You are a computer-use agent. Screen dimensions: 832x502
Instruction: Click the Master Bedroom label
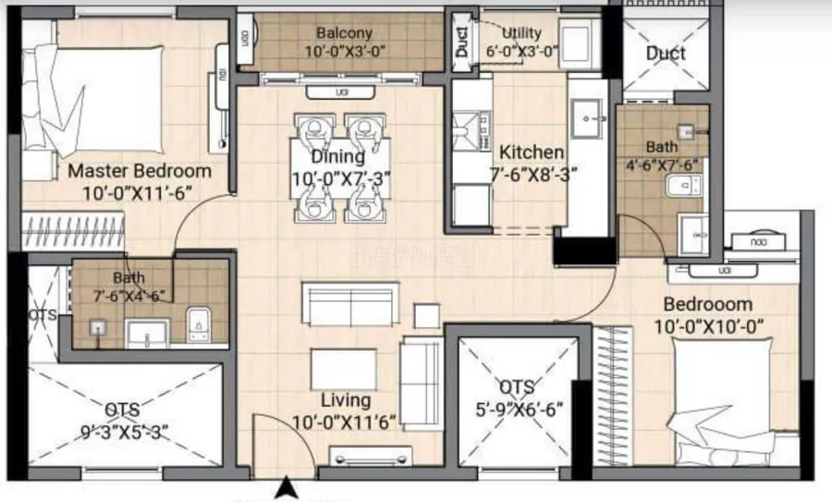tap(140, 171)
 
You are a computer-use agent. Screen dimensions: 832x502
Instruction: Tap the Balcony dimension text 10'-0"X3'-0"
tap(345, 51)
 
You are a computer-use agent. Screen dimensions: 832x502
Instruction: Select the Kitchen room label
tap(532, 153)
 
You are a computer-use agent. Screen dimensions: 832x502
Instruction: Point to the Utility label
tap(521, 33)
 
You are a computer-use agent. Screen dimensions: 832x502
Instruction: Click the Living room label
tap(346, 400)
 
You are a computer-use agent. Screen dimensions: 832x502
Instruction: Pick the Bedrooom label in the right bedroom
tap(708, 304)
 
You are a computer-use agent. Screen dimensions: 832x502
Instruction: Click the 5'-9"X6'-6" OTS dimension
tap(519, 410)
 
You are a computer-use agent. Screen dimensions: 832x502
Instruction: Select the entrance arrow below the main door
tap(286, 488)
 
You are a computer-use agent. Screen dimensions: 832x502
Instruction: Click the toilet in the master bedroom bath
tap(199, 324)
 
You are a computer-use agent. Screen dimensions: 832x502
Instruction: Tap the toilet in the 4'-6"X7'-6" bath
tap(683, 185)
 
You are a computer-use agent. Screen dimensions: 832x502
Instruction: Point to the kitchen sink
tap(589, 119)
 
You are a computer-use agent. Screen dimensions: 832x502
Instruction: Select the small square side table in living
tap(426, 316)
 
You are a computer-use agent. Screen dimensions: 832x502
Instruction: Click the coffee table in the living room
tap(344, 370)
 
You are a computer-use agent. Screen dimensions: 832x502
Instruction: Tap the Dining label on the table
tap(338, 156)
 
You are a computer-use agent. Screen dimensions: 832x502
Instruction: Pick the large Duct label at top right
tap(666, 53)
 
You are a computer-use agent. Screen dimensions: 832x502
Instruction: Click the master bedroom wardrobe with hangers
tap(73, 231)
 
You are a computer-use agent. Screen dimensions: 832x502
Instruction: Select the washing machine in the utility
tap(577, 42)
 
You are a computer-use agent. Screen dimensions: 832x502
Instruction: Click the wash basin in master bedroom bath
tap(147, 334)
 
